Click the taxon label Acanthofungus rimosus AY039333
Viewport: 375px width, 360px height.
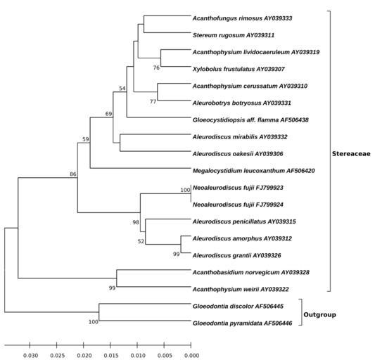click(242, 18)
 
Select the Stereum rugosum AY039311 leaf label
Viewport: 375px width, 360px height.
click(234, 35)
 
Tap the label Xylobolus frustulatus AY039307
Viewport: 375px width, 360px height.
click(239, 70)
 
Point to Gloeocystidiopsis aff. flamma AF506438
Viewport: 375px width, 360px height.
click(250, 120)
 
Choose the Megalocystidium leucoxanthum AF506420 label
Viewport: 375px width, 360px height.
click(253, 171)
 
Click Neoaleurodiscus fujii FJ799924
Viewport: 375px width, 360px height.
click(238, 205)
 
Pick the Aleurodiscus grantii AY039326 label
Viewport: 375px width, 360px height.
click(237, 255)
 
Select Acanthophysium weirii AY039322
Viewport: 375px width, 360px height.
click(241, 290)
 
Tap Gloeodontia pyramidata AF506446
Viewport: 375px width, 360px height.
click(242, 323)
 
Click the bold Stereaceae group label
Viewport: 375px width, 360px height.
click(351, 154)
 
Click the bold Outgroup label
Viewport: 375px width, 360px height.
click(319, 314)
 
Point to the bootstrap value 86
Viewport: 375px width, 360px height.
click(73, 174)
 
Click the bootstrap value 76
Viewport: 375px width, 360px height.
click(156, 68)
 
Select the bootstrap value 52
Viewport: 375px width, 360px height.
click(141, 241)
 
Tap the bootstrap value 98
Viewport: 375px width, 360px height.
click(136, 222)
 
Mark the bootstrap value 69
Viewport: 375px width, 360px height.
click(108, 114)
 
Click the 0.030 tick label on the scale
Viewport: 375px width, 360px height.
click(31, 356)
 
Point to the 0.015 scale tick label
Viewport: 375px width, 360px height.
click(111, 356)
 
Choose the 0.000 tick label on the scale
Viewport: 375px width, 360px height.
click(192, 356)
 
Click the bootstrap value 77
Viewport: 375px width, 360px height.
click(153, 102)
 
